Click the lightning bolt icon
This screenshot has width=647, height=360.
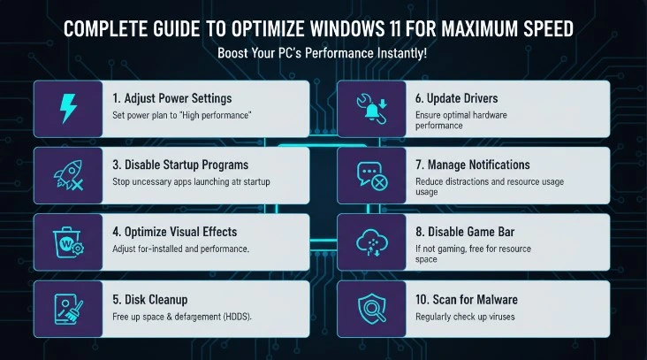[x=67, y=108]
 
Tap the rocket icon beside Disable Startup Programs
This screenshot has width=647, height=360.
[x=67, y=174]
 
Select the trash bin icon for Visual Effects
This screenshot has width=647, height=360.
[x=67, y=241]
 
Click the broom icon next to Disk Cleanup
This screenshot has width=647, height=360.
[x=67, y=307]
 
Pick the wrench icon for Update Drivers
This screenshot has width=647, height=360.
[x=371, y=108]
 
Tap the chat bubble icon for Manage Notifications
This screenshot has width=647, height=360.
[x=371, y=174]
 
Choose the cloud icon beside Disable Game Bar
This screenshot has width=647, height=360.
[x=371, y=241]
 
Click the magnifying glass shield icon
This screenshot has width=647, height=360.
[x=371, y=307]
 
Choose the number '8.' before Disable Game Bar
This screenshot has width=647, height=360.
[x=421, y=232]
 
